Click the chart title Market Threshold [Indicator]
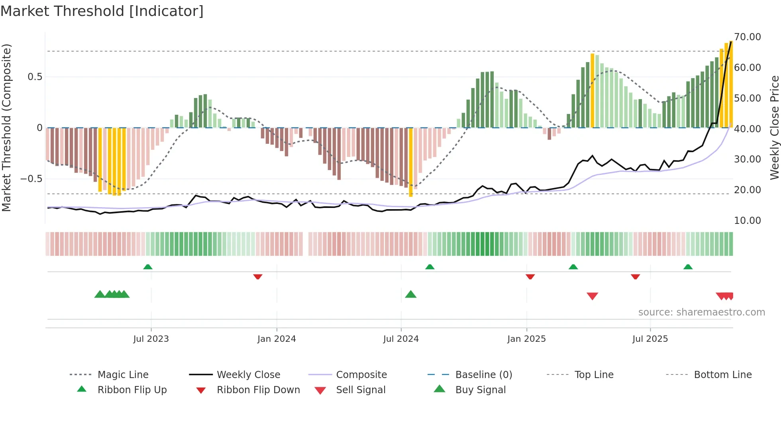coord(102,11)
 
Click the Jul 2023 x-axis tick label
coord(151,339)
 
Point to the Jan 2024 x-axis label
coord(277,339)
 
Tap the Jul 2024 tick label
coord(401,339)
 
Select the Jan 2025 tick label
coord(526,339)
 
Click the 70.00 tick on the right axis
coord(748,37)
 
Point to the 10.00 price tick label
coord(748,221)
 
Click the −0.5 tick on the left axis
coord(31,179)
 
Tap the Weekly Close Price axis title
coord(774,127)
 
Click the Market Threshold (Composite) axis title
coord(6,127)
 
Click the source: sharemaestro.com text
coord(701,312)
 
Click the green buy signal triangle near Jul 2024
coord(410,295)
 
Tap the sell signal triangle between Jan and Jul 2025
coord(592,296)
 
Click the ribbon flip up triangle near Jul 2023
coord(148,267)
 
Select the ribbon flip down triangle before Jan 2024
coord(258,276)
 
